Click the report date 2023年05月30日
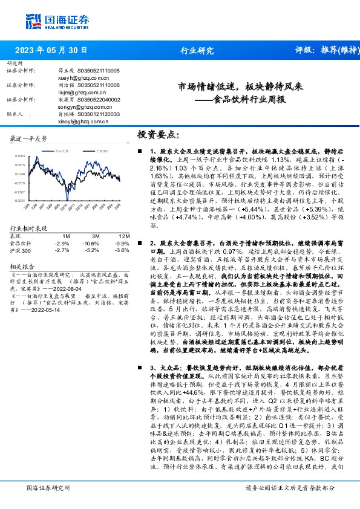click(51, 50)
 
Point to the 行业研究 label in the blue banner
click(197, 50)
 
